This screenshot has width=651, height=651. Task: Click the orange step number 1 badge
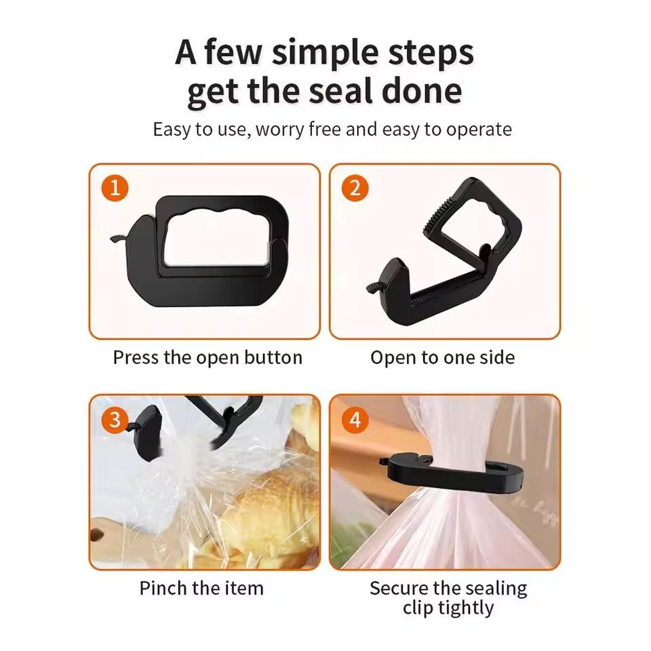(x=115, y=188)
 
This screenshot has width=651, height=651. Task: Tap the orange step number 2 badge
(x=355, y=188)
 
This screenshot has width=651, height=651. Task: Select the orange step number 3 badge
(x=115, y=420)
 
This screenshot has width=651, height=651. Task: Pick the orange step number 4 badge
(x=355, y=420)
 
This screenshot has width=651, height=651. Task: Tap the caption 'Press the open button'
(x=208, y=357)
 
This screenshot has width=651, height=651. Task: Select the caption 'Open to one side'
(x=442, y=357)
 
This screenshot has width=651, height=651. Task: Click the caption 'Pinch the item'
(x=201, y=588)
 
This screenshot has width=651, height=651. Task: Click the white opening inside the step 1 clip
(x=215, y=237)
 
